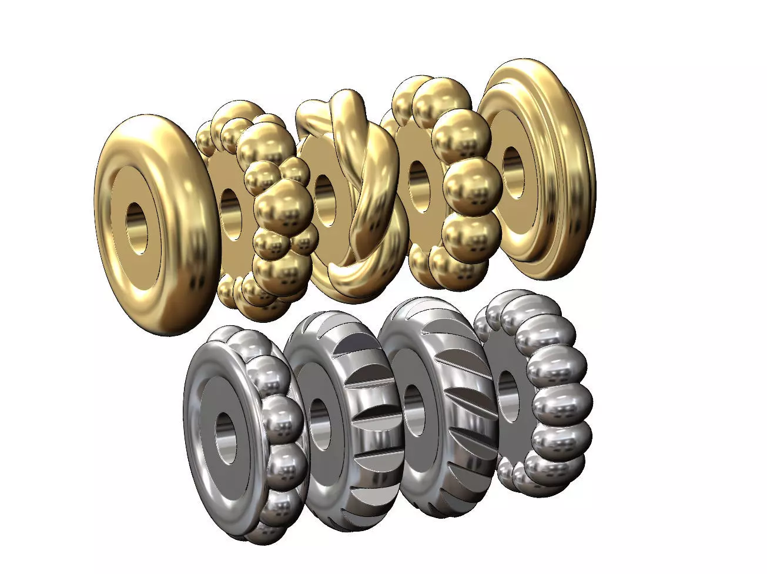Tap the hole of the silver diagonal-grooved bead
pyautogui.click(x=416, y=409)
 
